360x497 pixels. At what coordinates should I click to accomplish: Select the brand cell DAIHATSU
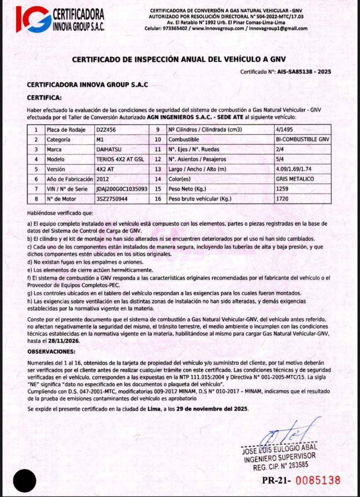coord(109,150)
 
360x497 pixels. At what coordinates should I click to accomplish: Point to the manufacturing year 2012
coord(103,179)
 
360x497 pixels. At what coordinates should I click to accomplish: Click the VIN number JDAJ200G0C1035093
coord(122,189)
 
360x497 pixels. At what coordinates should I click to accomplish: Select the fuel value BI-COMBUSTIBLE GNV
coord(302,140)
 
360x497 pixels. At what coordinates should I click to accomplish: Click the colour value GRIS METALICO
coord(295,179)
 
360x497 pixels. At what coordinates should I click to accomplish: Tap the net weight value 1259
coord(282,189)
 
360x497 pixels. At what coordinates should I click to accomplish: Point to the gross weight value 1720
coord(282,199)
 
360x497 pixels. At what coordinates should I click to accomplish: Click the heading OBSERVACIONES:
coord(52,352)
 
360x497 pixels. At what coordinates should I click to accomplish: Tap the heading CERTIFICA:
coord(44,98)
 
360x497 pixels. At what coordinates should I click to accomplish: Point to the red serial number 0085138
coord(318,480)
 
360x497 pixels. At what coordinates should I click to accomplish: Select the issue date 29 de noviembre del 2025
coord(212,408)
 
